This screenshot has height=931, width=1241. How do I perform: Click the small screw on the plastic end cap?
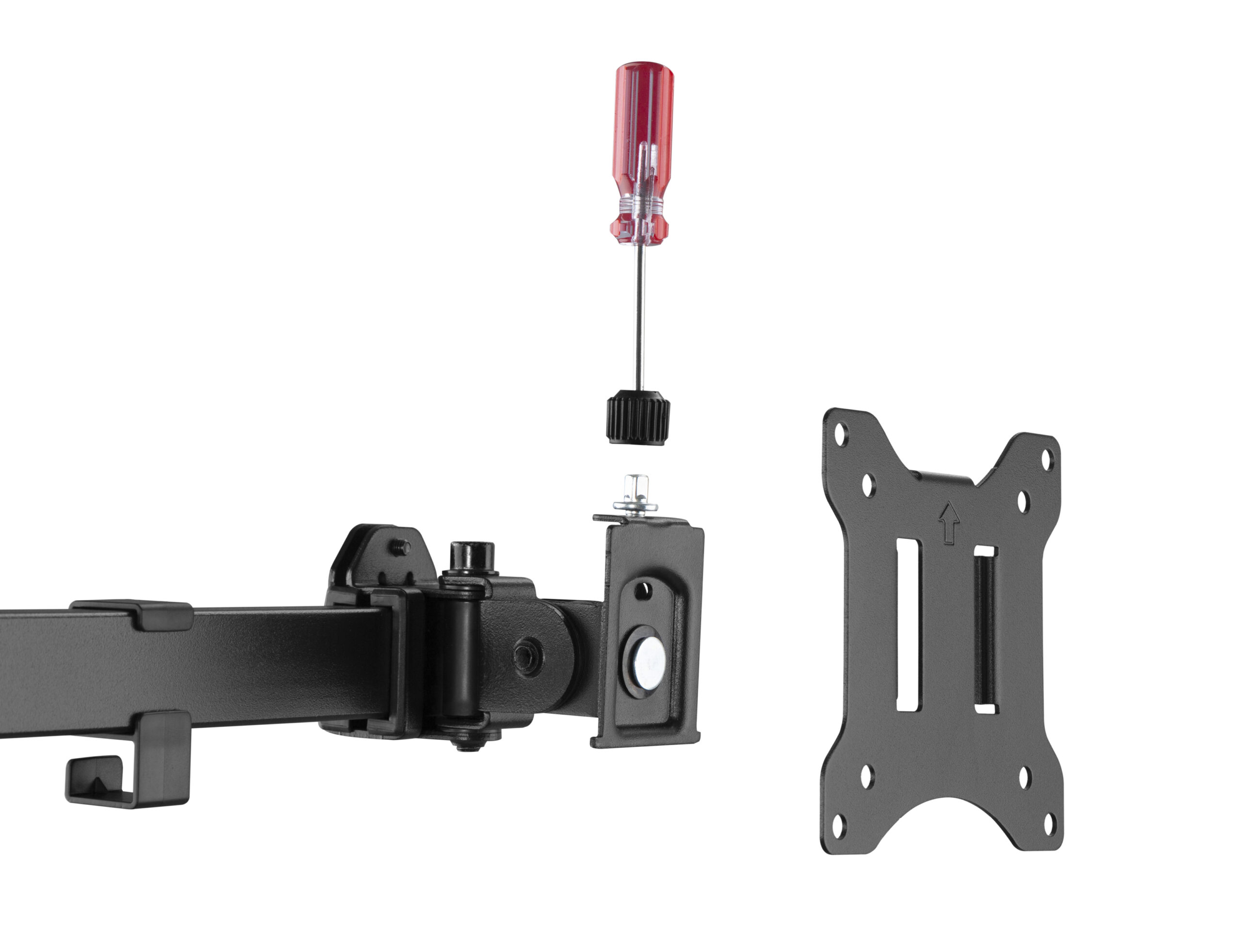point(401,546)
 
